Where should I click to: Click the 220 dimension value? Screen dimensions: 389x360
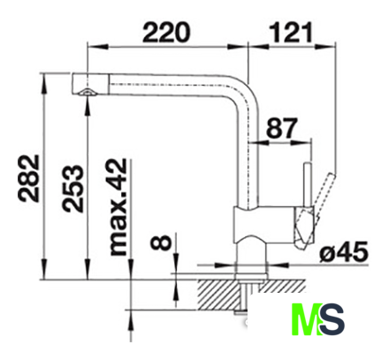point(167,32)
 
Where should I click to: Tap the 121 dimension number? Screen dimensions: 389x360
point(291,32)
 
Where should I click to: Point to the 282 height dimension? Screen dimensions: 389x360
point(29,179)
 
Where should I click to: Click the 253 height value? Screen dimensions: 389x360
point(72,188)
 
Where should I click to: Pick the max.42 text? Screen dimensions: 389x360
point(118,207)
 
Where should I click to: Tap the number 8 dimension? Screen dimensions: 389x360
point(161,242)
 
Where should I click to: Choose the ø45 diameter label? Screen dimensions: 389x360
point(344,252)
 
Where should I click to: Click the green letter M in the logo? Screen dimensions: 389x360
point(307,319)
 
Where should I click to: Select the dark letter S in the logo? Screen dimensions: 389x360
point(332,319)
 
